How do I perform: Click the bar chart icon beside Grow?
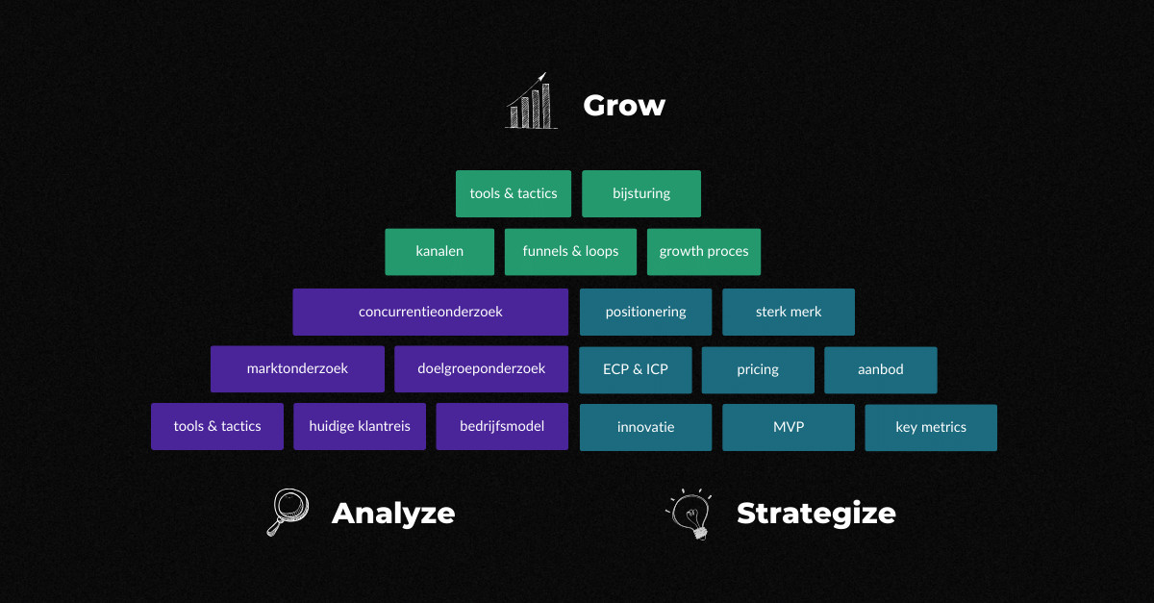531,101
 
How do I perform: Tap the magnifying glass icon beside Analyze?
288,512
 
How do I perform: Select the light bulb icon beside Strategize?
690,514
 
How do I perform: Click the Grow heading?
624,105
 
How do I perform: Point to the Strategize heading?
816,514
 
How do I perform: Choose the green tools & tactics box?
514,193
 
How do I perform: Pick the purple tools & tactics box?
217,426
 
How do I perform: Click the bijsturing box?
641,193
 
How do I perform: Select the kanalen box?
439,252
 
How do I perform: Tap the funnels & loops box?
570,252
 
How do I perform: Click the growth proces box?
704,252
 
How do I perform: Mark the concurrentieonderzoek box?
430,312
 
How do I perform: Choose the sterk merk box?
789,312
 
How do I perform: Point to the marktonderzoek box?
297,368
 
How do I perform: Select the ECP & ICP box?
636,369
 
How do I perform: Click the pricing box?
758,369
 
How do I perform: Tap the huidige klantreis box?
360,426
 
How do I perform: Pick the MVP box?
789,427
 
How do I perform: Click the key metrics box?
931,427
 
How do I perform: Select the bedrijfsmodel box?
502,426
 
